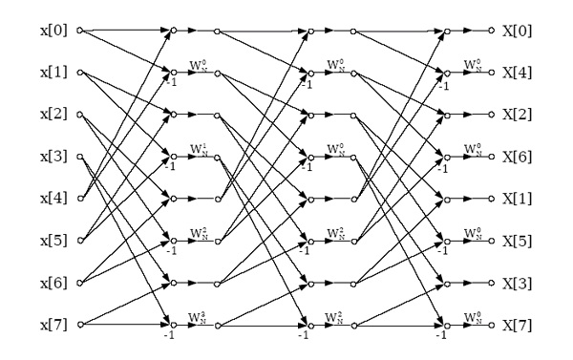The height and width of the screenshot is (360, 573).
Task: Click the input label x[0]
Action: (52, 31)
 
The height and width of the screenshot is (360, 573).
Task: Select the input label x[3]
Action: (52, 156)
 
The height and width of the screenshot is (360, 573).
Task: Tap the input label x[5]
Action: (52, 240)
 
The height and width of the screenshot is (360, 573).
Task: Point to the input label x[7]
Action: (52, 324)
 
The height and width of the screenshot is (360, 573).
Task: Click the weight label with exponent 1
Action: (199, 149)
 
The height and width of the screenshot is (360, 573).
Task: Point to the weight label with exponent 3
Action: (199, 316)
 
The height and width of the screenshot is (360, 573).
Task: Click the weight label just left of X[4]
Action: (472, 65)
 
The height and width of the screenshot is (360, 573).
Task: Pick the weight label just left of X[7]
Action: (472, 316)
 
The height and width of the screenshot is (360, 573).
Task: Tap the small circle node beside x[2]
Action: (80, 115)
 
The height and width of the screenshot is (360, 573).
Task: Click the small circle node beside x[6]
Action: (80, 283)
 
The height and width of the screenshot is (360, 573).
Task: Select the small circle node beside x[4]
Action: (80, 199)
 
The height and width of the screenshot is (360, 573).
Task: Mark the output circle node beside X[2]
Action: (491, 115)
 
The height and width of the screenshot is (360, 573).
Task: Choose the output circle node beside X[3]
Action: (491, 283)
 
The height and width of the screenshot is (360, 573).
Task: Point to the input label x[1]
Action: (52, 72)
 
